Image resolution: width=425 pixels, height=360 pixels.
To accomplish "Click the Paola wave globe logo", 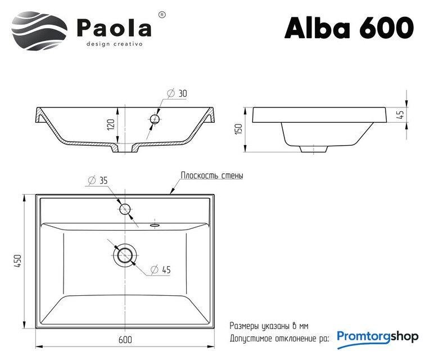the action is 39,31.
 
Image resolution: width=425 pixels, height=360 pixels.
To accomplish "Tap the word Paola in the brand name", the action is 114,28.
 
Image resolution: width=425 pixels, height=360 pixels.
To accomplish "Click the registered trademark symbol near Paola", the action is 161,15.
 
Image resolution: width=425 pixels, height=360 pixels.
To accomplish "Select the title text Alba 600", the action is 349,28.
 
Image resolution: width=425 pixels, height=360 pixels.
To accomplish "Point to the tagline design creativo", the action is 114,44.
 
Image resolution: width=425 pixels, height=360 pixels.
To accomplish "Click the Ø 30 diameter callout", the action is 177,93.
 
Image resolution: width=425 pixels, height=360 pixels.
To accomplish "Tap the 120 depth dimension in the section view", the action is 111,124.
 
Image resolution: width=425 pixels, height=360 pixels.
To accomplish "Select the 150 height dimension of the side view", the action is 238,129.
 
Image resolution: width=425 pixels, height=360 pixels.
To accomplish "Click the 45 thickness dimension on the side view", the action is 400,115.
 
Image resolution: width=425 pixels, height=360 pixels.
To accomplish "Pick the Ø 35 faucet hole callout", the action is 98,180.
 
